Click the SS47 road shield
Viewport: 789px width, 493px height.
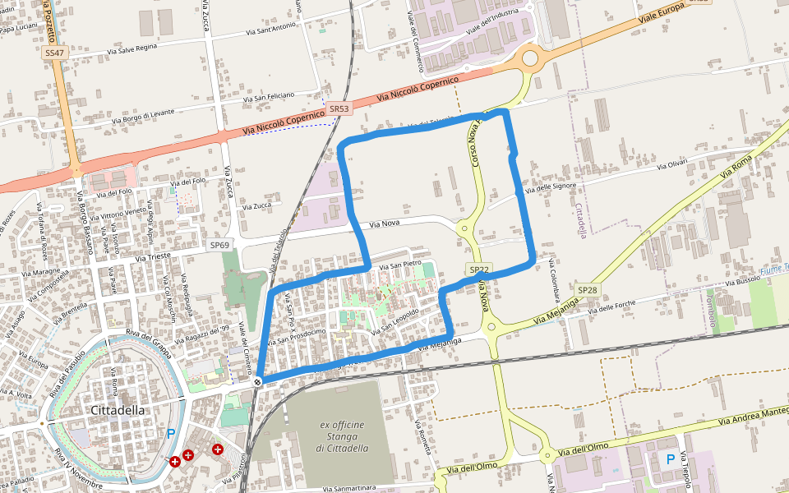coord(54,53)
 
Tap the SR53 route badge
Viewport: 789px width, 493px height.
coord(339,108)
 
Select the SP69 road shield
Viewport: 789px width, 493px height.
coord(219,245)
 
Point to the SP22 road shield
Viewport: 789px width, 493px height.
coord(479,270)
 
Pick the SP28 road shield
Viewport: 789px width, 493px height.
coord(587,290)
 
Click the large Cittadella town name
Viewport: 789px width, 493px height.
coord(118,410)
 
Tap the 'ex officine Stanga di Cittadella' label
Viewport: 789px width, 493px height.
coord(341,436)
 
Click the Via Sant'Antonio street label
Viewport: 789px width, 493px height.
coord(270,30)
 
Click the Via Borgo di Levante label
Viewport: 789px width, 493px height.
coord(144,116)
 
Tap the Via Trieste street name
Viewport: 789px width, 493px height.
coord(153,257)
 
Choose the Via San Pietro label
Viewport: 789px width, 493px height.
coord(399,265)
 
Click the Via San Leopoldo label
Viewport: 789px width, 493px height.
coord(395,321)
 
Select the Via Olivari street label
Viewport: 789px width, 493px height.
coord(671,165)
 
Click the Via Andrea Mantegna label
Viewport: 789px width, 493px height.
coord(752,415)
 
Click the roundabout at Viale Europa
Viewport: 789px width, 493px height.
coord(529,58)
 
